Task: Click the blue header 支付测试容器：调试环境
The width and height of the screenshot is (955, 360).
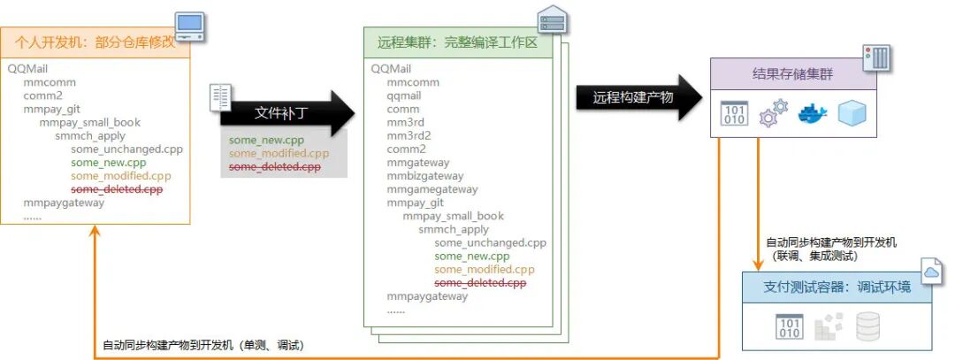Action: point(836,287)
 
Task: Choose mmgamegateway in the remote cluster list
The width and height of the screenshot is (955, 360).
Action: point(432,188)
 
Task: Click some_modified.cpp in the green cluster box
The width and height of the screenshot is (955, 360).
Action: point(485,269)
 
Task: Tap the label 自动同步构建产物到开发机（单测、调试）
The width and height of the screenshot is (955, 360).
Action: point(209,343)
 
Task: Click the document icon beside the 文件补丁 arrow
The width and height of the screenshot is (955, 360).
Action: point(221,98)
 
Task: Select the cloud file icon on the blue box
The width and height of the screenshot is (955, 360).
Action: point(932,272)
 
